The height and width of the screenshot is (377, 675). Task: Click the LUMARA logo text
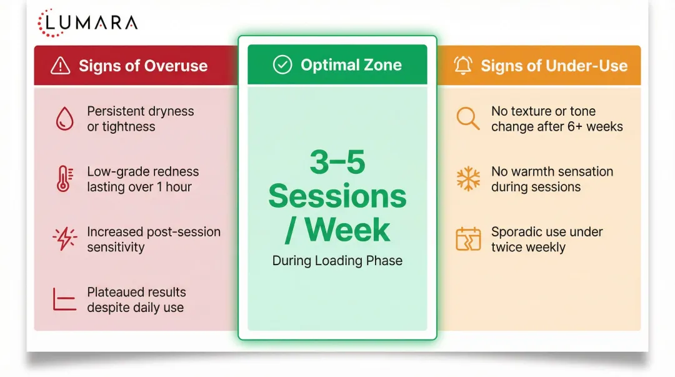[91, 23]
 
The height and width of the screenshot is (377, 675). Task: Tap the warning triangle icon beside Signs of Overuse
[60, 66]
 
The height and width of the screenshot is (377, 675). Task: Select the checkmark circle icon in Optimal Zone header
[282, 65]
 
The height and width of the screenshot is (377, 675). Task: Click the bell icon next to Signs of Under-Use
[463, 66]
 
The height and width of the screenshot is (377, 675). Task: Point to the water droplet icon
[64, 119]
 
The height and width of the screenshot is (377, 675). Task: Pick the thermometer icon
[64, 178]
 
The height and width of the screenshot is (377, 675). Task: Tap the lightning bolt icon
[64, 238]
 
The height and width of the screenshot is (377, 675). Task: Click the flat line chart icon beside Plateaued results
[64, 299]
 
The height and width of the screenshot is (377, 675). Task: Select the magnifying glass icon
[468, 118]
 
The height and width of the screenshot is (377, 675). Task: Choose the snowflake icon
[468, 178]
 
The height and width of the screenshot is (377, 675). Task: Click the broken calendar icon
[468, 239]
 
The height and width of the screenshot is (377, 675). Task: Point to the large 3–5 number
[337, 163]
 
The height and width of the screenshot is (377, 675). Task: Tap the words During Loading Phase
[337, 261]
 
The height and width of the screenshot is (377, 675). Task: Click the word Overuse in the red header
[176, 66]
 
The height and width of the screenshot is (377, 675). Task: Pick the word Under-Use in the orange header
[587, 66]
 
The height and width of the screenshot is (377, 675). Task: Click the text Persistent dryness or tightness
[141, 119]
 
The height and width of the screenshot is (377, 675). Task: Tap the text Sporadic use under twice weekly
[547, 239]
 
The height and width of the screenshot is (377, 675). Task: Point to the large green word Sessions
[337, 196]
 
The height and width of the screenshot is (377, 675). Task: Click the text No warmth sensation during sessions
[552, 179]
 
